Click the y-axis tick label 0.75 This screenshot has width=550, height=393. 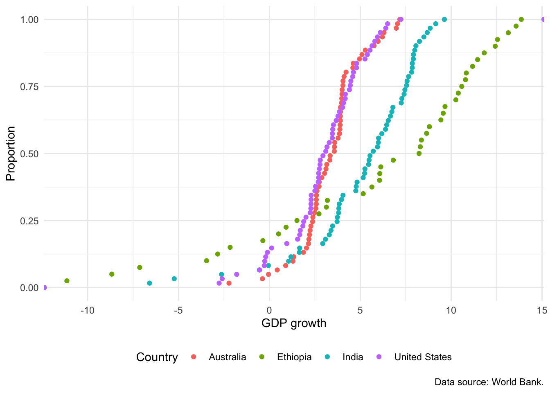tap(29, 87)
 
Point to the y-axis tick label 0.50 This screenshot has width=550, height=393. tap(29, 154)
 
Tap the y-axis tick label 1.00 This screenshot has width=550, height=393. tap(29, 20)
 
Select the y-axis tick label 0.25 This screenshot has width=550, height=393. tap(29, 221)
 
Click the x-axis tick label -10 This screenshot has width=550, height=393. tap(88, 310)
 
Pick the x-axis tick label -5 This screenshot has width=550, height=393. tap(178, 310)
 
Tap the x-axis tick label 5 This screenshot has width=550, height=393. tap(360, 310)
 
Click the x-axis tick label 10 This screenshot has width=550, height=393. tap(451, 310)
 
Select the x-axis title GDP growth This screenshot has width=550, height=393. tap(294, 323)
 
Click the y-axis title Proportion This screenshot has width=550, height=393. tap(11, 154)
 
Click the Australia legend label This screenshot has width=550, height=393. tap(228, 357)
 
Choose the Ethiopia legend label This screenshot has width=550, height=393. tap(294, 357)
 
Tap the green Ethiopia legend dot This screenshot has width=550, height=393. tap(262, 357)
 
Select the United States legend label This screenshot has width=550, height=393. tap(423, 357)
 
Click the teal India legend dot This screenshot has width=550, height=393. tap(327, 357)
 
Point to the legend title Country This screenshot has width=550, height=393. tap(157, 357)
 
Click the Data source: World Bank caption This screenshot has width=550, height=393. tap(489, 382)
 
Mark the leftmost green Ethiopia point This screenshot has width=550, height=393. tap(67, 281)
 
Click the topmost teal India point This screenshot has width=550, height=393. tap(444, 19)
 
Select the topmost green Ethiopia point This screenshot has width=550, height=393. tap(521, 19)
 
